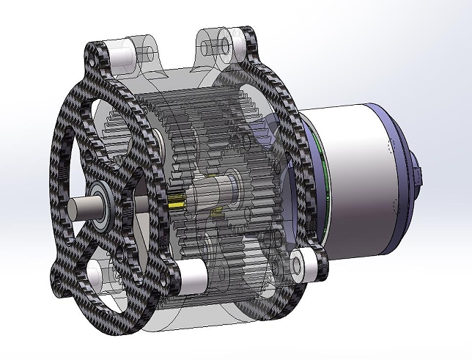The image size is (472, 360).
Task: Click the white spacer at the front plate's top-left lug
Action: (x=122, y=52)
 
